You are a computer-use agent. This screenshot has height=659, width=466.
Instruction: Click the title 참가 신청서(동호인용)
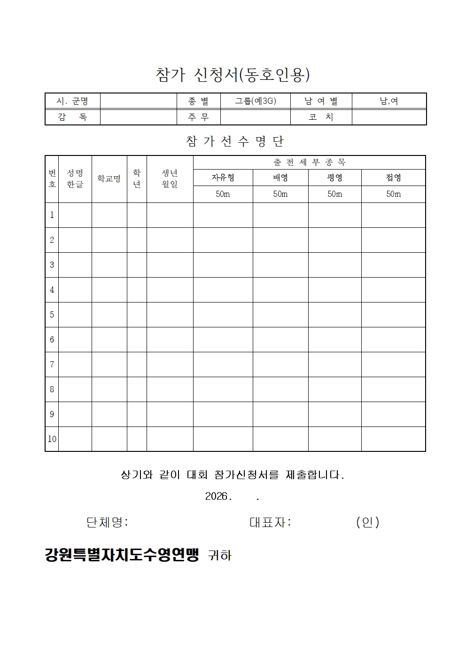(233, 75)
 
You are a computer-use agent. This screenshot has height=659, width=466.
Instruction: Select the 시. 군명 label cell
(72, 101)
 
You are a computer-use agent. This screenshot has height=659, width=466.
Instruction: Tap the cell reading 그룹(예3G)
(255, 101)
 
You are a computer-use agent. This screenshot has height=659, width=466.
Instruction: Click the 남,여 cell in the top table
(389, 101)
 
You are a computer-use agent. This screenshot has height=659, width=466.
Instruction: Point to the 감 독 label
(72, 117)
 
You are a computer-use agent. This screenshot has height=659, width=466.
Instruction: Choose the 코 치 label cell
(321, 117)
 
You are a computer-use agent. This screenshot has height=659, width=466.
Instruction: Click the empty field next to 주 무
(255, 117)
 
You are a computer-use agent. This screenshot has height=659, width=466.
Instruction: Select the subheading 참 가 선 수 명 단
(235, 141)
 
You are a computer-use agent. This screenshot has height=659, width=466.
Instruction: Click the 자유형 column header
(223, 178)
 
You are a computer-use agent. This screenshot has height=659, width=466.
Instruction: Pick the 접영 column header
(393, 178)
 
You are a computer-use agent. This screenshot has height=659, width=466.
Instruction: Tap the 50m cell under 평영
(334, 194)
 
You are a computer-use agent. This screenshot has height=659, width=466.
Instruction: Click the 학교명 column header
(109, 179)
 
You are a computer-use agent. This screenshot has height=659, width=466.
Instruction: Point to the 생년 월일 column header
(170, 179)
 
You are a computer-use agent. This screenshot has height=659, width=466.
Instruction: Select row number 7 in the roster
(52, 364)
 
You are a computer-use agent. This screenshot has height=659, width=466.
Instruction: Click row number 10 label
(52, 439)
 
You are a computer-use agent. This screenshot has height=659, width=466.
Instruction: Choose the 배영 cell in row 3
(280, 265)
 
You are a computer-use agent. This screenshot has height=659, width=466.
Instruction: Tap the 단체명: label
(107, 522)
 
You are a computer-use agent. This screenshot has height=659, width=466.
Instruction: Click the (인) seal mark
(367, 522)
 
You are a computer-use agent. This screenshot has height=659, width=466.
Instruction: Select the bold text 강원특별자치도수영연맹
(122, 555)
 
